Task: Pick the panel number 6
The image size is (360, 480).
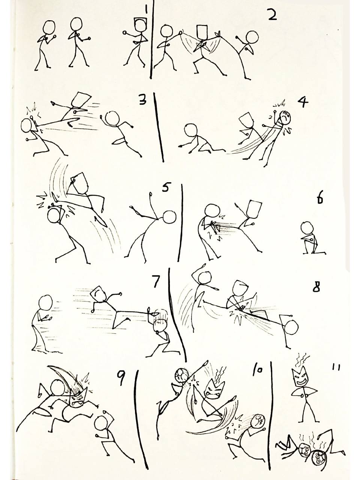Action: pos(319,199)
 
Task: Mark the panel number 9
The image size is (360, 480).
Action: pos(121,379)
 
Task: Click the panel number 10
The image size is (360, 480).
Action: pos(258,371)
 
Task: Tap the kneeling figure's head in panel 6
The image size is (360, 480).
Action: pos(308,228)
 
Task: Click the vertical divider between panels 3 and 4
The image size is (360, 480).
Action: pos(159,127)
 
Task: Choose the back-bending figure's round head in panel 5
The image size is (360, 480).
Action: pos(169,217)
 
